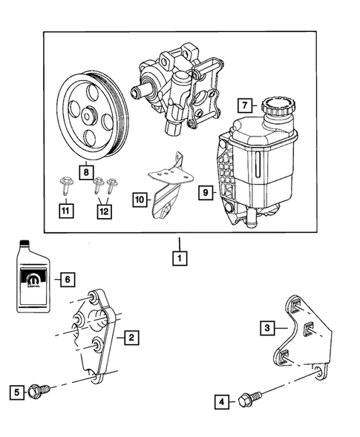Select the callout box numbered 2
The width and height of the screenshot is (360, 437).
coord(130,338)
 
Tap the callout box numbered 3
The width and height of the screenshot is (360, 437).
coord(264,326)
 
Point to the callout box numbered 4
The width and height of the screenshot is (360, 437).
coord(221,401)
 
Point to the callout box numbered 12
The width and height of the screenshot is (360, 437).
coord(104,211)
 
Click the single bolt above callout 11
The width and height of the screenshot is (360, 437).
coord(65,186)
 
